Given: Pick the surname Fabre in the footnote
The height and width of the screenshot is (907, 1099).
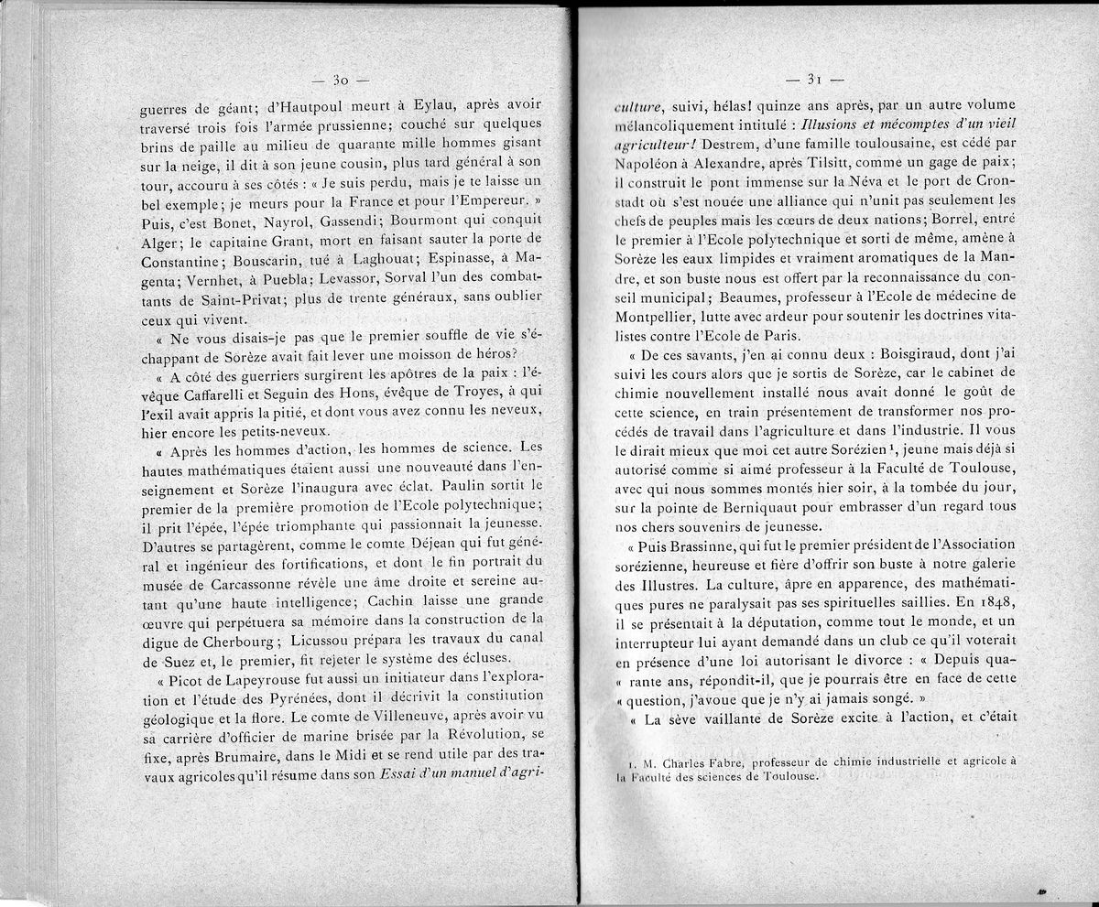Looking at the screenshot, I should point(720,760).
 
